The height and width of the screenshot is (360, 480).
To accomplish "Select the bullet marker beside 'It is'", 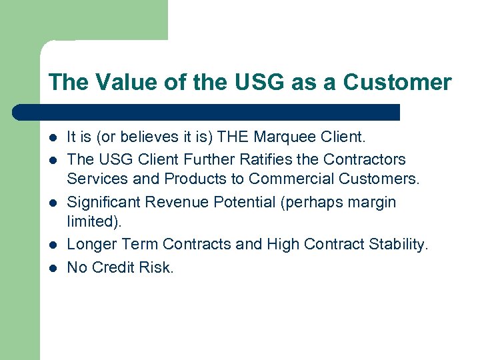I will coord(53,139).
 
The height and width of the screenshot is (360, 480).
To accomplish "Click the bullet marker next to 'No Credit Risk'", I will coord(53,267).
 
